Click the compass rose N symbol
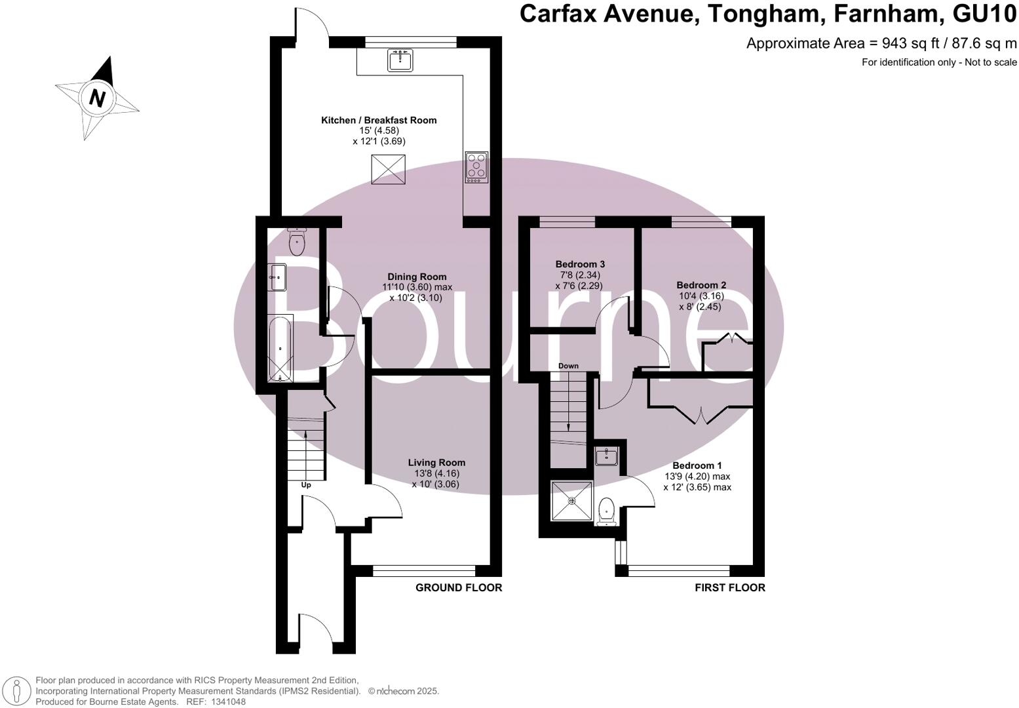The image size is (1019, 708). point(97,98)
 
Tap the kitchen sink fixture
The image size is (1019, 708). point(400,60)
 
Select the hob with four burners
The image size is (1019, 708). point(476,167)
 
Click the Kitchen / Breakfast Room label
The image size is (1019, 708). point(378,120)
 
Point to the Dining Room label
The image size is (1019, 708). point(416,277)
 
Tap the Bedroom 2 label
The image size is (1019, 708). point(701,285)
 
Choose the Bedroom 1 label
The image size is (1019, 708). point(697,465)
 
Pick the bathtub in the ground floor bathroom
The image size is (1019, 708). point(280,347)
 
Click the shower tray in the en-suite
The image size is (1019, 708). point(572,501)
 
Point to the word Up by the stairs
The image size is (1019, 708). point(305,485)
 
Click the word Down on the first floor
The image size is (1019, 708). point(568,366)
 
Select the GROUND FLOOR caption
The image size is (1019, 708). point(459,587)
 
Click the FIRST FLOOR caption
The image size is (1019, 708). point(729,587)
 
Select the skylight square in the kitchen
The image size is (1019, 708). point(389,169)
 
